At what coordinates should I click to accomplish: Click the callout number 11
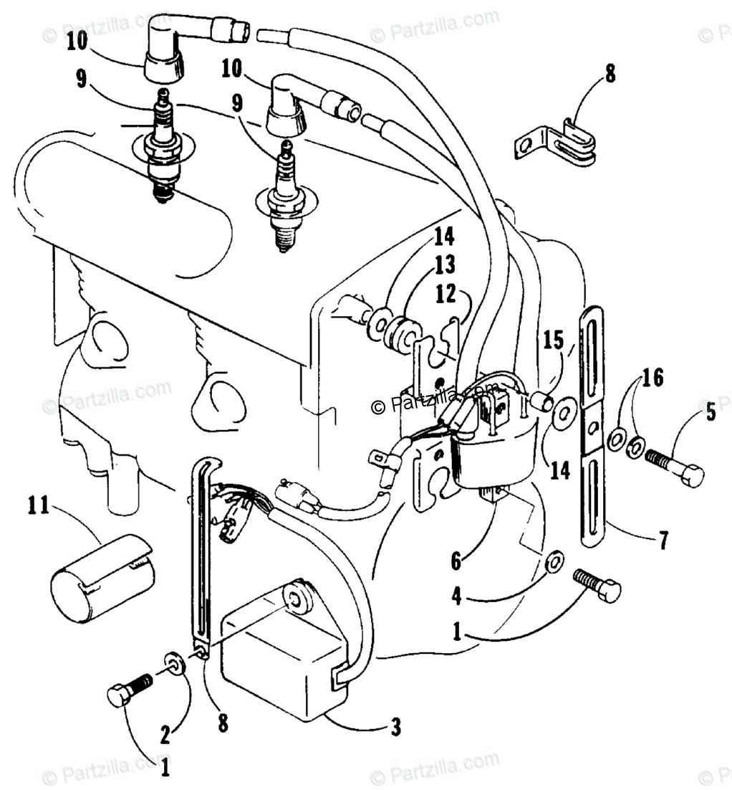pyautogui.click(x=38, y=505)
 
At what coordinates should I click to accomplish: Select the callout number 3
pyautogui.click(x=396, y=728)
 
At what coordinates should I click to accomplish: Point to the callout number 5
pyautogui.click(x=711, y=412)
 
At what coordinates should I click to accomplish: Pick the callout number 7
pyautogui.click(x=663, y=540)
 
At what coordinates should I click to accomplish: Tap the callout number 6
pyautogui.click(x=456, y=561)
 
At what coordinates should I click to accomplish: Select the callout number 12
pyautogui.click(x=445, y=293)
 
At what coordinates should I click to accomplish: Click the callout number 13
pyautogui.click(x=445, y=265)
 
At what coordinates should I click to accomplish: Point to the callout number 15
pyautogui.click(x=553, y=341)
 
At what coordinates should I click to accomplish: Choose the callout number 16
pyautogui.click(x=652, y=377)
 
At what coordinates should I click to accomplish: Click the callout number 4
pyautogui.click(x=456, y=596)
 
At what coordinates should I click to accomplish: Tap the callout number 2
pyautogui.click(x=165, y=736)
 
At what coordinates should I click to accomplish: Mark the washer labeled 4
pyautogui.click(x=554, y=561)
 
